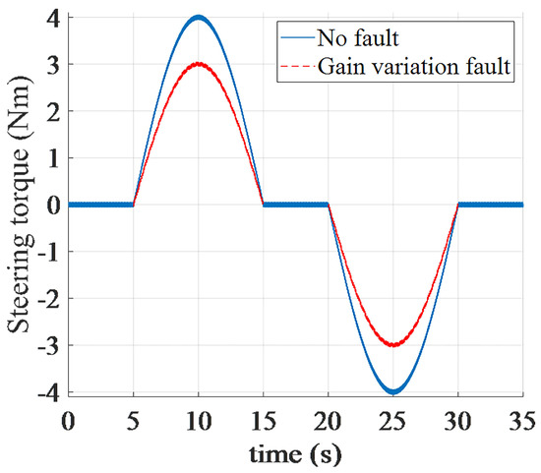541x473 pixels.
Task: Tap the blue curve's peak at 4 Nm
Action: point(198,17)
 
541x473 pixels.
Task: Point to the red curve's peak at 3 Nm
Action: point(198,64)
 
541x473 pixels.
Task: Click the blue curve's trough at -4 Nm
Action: point(392,391)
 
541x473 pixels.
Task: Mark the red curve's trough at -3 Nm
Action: point(392,345)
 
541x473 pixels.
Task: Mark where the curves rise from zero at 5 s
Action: point(133,205)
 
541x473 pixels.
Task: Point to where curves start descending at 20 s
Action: point(328,205)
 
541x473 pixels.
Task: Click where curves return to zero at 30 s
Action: point(457,205)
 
